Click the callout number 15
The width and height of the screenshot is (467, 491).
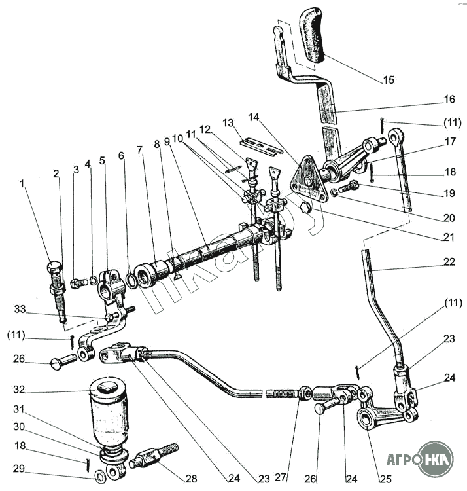[389, 81]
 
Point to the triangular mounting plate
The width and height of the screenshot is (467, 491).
[307, 178]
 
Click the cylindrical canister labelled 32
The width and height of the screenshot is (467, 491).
[107, 409]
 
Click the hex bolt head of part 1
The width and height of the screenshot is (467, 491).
[54, 268]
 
